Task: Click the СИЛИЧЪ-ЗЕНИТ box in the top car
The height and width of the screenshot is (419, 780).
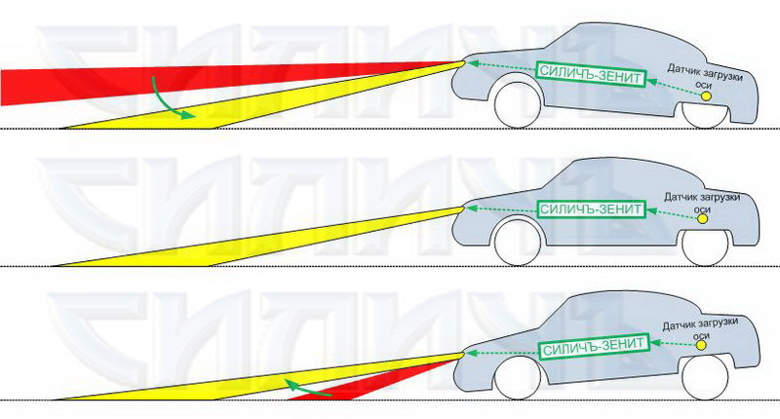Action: tap(591, 72)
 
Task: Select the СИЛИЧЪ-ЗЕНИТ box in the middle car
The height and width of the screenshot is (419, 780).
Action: tap(591, 209)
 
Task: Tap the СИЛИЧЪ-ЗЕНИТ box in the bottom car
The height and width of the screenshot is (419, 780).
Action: tap(593, 346)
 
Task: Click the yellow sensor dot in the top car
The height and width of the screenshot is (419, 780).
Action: tap(705, 95)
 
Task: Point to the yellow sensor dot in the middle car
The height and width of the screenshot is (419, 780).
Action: tap(704, 220)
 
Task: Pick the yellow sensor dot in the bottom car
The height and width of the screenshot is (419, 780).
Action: tap(702, 343)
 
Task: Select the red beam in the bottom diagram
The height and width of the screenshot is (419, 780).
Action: tap(361, 385)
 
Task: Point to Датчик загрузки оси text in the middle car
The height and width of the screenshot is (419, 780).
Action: tap(704, 202)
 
